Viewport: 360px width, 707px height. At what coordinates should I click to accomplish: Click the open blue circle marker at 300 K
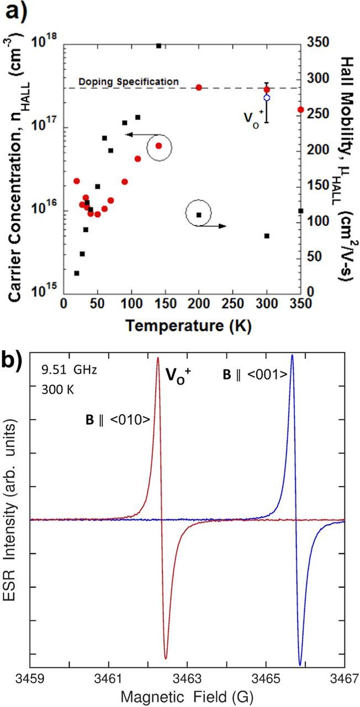[x=267, y=98]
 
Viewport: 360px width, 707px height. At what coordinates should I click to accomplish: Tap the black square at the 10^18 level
[x=158, y=46]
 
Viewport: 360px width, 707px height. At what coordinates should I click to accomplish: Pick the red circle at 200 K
[x=199, y=87]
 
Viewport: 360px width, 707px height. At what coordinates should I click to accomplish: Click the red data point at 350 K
[x=300, y=109]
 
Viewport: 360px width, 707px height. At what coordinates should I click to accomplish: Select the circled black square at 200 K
[x=199, y=215]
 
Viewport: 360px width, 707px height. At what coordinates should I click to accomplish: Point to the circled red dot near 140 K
[x=158, y=146]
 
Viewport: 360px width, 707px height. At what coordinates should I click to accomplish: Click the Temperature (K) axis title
[x=182, y=326]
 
